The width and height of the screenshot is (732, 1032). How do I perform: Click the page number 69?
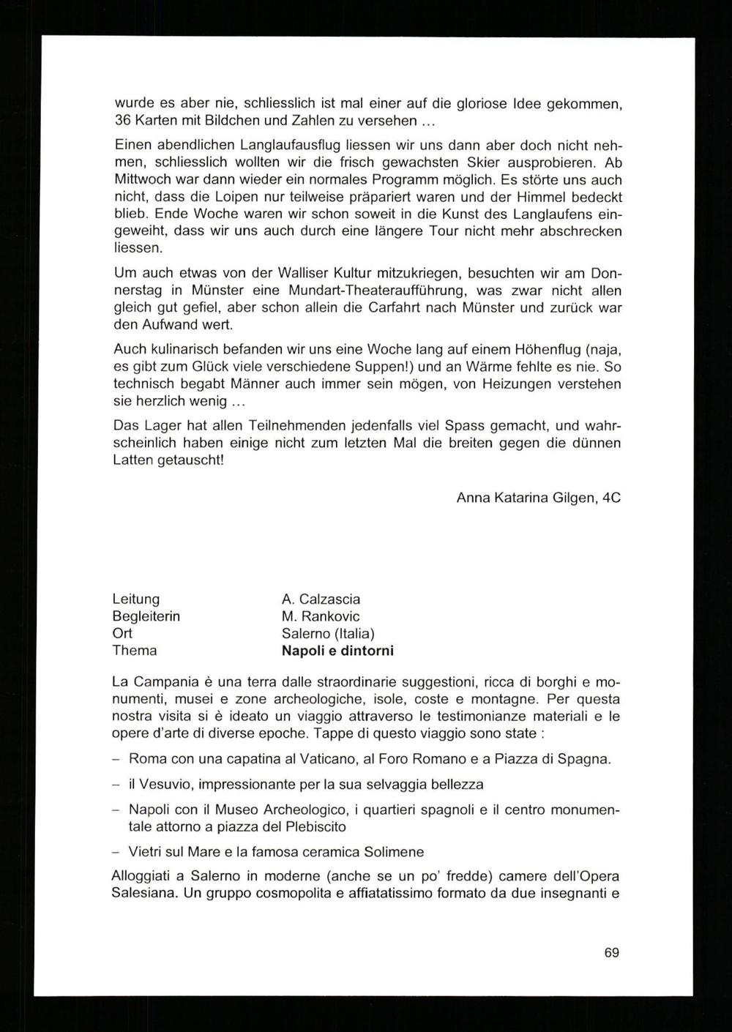tap(612, 952)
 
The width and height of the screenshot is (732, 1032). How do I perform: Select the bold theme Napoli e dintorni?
tap(337, 650)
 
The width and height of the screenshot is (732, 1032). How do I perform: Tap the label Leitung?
tap(135, 599)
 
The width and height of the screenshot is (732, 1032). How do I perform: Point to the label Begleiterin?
tap(146, 616)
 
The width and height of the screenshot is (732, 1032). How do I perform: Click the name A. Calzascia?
tap(321, 599)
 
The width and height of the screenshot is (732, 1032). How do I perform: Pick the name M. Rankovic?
tap(321, 616)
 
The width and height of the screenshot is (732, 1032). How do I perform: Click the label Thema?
tap(134, 650)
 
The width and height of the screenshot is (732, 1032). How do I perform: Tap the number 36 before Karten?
tap(122, 120)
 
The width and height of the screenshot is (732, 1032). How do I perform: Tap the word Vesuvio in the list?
tap(165, 784)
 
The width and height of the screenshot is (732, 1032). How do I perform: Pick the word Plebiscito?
tap(312, 826)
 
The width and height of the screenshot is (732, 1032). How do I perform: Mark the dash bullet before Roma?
tap(116, 758)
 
